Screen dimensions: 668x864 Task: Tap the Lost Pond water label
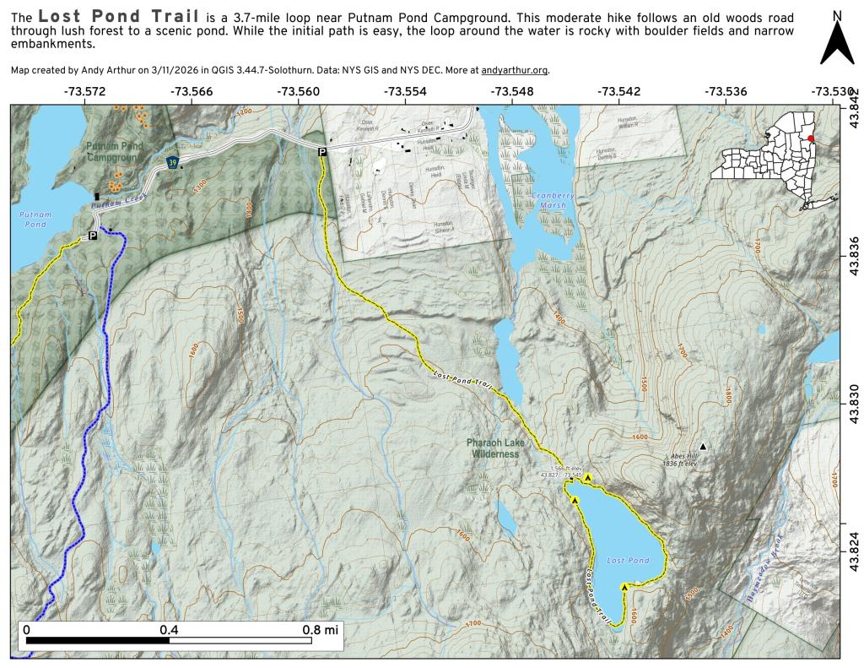[x=628, y=561]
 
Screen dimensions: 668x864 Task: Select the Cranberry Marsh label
[x=553, y=200]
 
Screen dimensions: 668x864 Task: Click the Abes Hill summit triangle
[x=702, y=446]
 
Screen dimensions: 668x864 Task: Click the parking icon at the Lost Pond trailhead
[x=321, y=151]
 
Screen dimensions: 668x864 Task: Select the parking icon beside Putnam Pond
[x=93, y=236]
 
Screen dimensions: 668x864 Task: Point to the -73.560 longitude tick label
[x=299, y=91]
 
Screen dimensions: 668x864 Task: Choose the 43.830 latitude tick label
[x=853, y=403]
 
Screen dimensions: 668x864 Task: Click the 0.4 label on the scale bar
[x=169, y=630]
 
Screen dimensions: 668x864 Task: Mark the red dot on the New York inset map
[x=811, y=139]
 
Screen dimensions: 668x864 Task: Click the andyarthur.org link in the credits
[x=515, y=71]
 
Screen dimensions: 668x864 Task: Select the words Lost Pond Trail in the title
[x=118, y=17]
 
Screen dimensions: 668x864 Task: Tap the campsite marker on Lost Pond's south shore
[x=624, y=587]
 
